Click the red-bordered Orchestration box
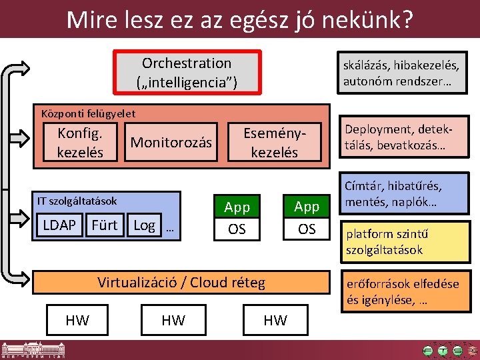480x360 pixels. pyautogui.click(x=187, y=73)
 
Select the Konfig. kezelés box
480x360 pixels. pyautogui.click(x=80, y=142)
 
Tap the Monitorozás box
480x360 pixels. pyautogui.click(x=171, y=142)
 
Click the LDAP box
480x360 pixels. pyautogui.click(x=59, y=225)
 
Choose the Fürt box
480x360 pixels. pyautogui.click(x=104, y=225)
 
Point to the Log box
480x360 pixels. pyautogui.click(x=145, y=225)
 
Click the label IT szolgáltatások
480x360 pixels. pyautogui.click(x=77, y=201)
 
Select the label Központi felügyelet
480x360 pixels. pyautogui.click(x=88, y=113)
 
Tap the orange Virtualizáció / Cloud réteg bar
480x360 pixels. pyautogui.click(x=181, y=283)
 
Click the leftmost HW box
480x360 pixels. pyautogui.click(x=77, y=320)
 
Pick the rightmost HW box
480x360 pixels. pyautogui.click(x=275, y=321)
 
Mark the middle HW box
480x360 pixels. pyautogui.click(x=173, y=321)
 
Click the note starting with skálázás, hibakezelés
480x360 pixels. pyautogui.click(x=401, y=73)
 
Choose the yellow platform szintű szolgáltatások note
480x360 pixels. pyautogui.click(x=401, y=242)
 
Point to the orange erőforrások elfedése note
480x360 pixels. pyautogui.click(x=401, y=291)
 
